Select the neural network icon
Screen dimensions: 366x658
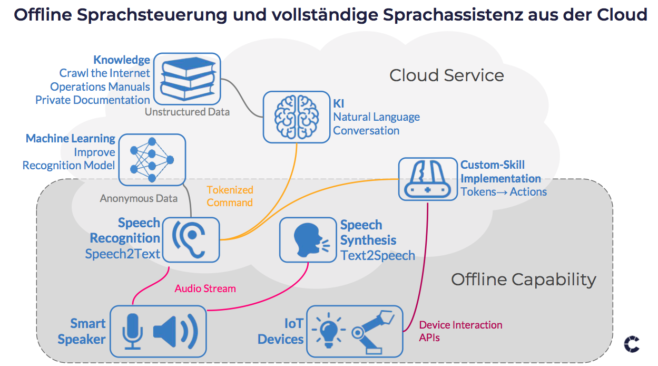tap(152, 159)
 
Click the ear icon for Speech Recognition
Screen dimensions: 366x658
tap(191, 239)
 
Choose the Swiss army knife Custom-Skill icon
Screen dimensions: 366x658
tap(428, 179)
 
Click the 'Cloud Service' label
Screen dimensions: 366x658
tap(446, 75)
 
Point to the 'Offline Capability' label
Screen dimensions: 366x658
tap(523, 279)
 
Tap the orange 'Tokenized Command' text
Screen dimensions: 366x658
tap(230, 196)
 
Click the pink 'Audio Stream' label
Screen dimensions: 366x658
tap(205, 288)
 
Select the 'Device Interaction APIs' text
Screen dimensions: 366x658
tap(460, 331)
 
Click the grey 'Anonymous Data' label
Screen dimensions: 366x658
tap(139, 199)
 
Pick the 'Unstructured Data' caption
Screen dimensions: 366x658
tap(187, 112)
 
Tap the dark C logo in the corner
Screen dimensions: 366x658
tap(632, 344)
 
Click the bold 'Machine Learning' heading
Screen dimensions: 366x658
tap(71, 138)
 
